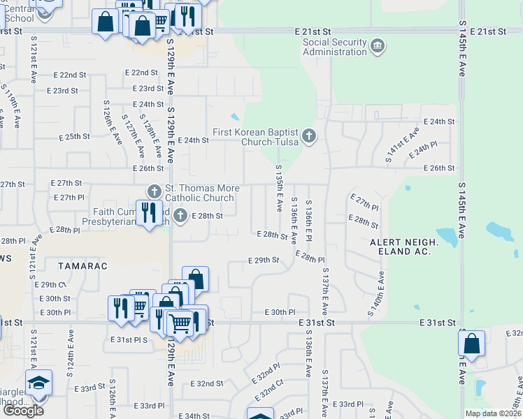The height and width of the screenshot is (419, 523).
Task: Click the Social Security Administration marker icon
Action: pyautogui.click(x=378, y=47)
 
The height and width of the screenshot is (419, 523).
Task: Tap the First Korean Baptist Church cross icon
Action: pyautogui.click(x=308, y=135)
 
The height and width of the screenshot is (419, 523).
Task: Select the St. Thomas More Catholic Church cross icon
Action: pyautogui.click(x=154, y=191)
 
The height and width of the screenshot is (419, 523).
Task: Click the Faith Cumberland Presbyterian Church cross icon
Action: pyautogui.click(x=180, y=215)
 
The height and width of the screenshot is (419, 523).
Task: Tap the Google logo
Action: pyautogui.click(x=23, y=411)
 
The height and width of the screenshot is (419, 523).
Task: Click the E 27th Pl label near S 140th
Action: pyautogui.click(x=364, y=203)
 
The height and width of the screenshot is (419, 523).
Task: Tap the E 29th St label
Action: pyautogui.click(x=264, y=260)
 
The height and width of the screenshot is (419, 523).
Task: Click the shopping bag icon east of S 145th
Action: pyautogui.click(x=471, y=344)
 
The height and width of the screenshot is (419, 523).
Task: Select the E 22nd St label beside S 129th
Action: pyautogui.click(x=141, y=73)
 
